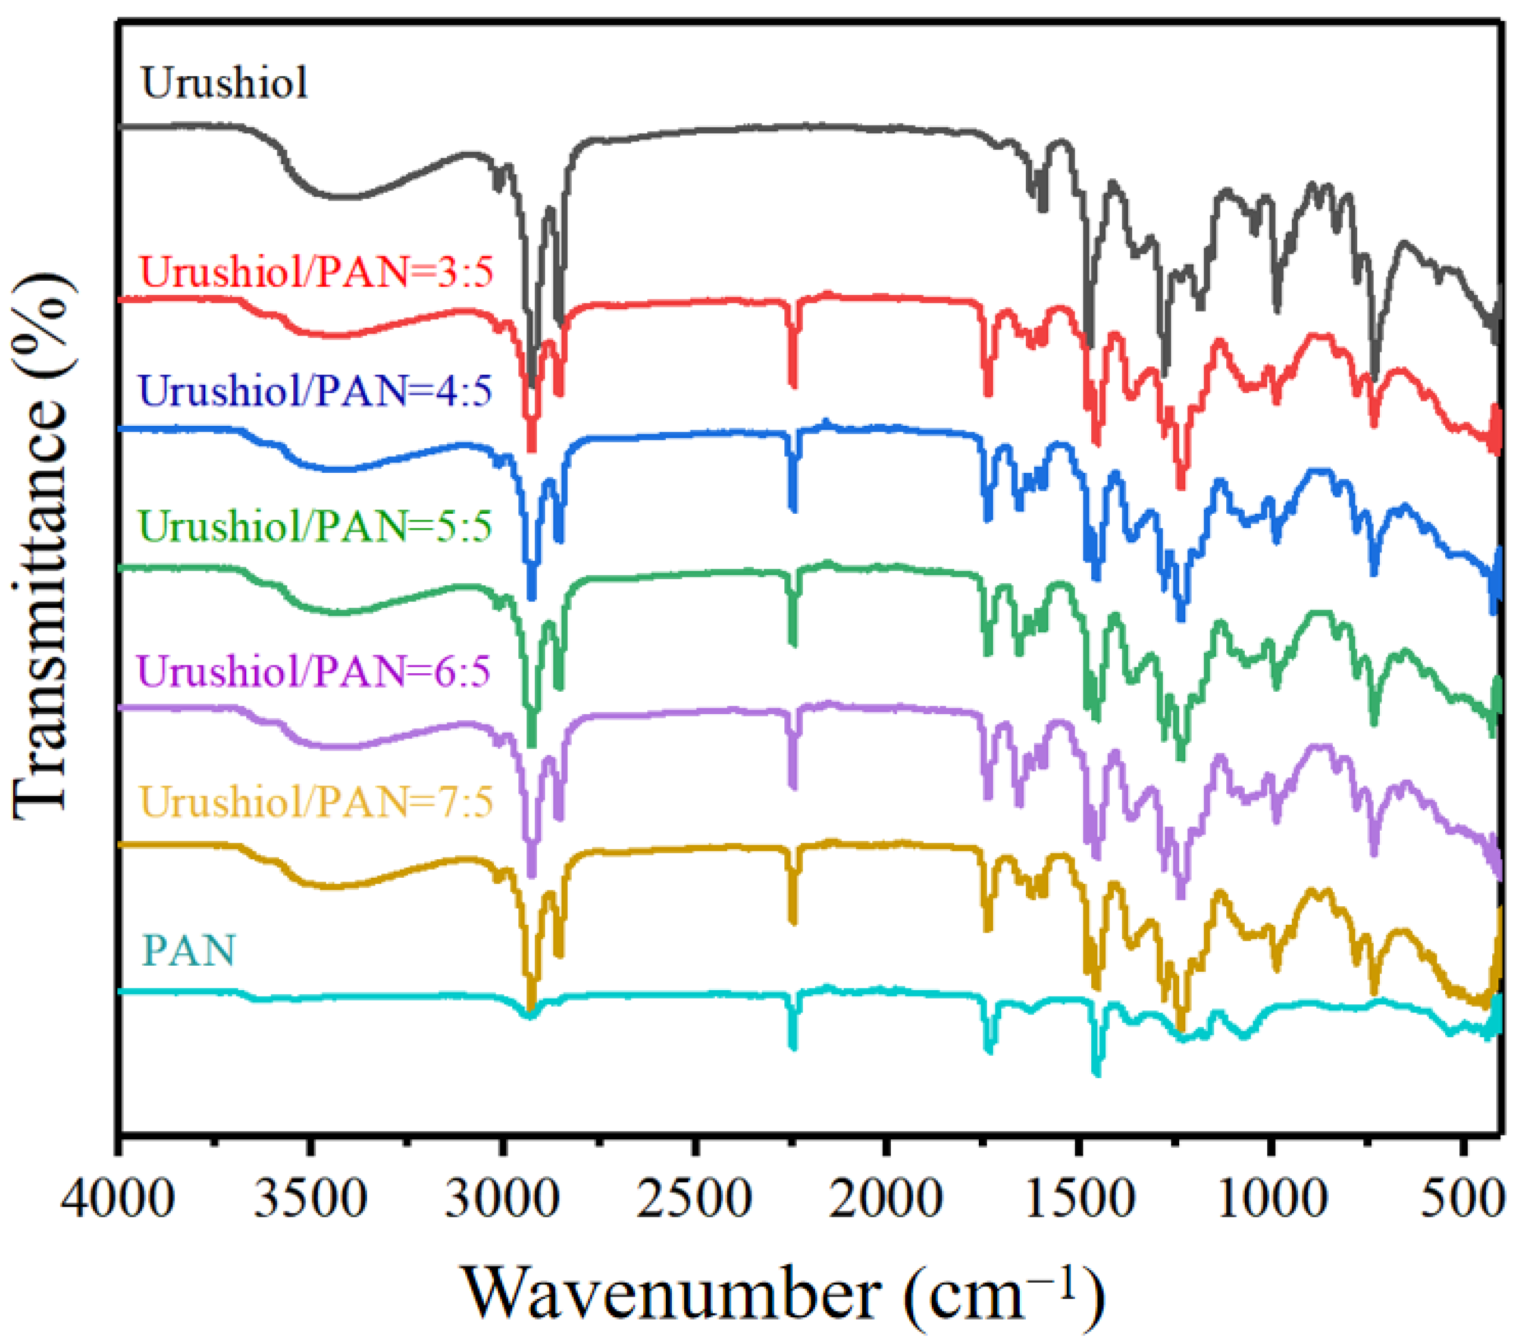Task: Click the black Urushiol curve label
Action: (x=224, y=83)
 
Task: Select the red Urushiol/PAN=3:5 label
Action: (x=317, y=272)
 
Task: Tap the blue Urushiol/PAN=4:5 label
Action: (x=316, y=390)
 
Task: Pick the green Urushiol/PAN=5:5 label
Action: (x=316, y=526)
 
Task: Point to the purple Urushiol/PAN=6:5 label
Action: (x=314, y=671)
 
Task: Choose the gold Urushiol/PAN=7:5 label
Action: (x=317, y=802)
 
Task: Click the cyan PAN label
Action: (x=189, y=950)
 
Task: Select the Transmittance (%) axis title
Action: (x=41, y=547)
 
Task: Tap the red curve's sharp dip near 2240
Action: (x=793, y=382)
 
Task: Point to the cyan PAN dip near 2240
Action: (x=793, y=1046)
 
